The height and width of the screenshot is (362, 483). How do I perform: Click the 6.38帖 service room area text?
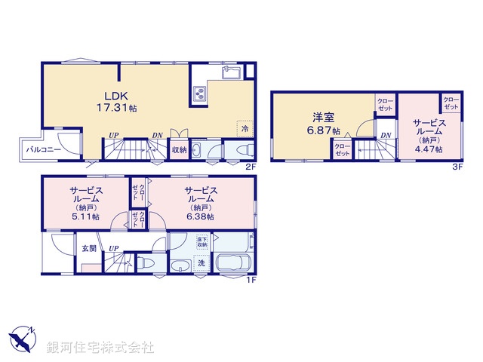tap(201, 216)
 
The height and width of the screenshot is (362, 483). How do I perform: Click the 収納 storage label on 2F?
tap(178, 149)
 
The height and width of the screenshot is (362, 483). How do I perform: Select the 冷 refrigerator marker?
tap(245, 129)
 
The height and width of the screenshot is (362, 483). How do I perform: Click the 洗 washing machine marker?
tap(202, 263)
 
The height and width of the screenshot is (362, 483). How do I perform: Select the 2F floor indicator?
tap(251, 167)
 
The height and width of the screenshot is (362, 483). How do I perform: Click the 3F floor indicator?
tap(457, 167)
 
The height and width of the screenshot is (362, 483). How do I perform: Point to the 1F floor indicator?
tap(251, 280)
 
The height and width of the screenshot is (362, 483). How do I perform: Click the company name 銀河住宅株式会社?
tap(100, 348)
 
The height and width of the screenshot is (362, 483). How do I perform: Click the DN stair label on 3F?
tap(386, 136)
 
